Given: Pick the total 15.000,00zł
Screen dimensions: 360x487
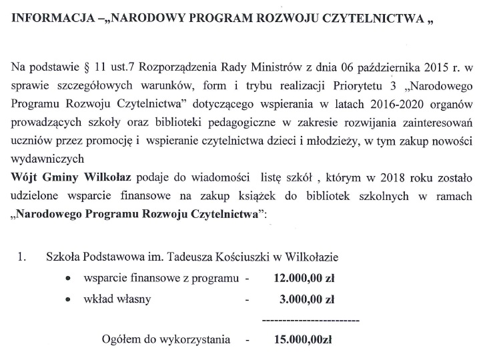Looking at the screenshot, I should pyautogui.click(x=303, y=340).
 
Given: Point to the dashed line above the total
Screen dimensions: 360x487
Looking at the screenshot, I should pyautogui.click(x=312, y=322).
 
